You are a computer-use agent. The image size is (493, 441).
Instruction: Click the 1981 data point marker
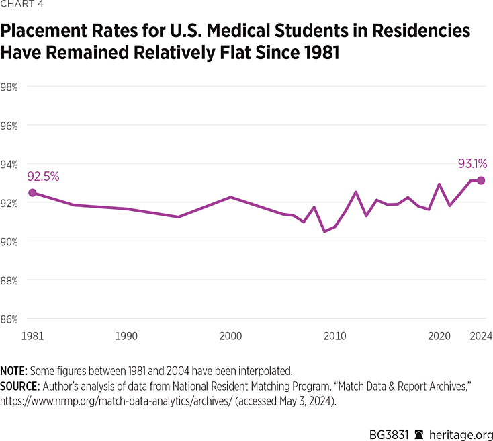click(x=32, y=193)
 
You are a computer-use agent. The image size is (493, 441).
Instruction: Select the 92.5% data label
click(x=43, y=177)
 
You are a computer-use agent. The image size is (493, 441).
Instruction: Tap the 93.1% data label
click(x=472, y=163)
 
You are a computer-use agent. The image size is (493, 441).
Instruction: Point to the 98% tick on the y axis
click(x=9, y=87)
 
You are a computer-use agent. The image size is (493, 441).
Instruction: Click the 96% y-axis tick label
click(x=9, y=126)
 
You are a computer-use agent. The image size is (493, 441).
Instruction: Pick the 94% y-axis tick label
click(x=9, y=164)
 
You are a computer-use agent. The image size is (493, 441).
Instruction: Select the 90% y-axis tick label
click(x=9, y=241)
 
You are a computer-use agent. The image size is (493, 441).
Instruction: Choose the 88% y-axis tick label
click(x=9, y=280)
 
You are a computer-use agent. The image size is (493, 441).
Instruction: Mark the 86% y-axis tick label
click(x=9, y=319)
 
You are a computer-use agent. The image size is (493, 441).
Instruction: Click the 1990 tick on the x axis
click(x=126, y=336)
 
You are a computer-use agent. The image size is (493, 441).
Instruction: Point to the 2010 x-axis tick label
click(x=335, y=336)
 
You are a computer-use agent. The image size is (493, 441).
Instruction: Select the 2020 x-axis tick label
click(x=439, y=336)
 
